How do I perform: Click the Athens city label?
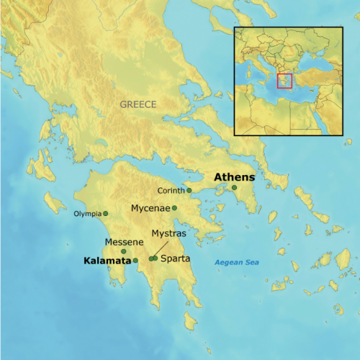coord(235,176)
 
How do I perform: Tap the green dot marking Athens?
coord(234,188)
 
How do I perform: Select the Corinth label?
coord(171,191)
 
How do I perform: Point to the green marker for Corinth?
coord(189,191)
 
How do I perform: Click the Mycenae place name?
coord(150,208)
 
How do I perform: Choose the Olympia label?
coord(88,214)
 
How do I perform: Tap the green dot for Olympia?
coord(105,214)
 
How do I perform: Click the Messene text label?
coord(124,242)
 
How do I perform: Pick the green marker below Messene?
coord(124,251)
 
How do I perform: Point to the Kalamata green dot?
coord(135,260)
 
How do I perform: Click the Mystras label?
coord(169,234)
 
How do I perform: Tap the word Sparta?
coord(176,258)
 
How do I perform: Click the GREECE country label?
coord(138,104)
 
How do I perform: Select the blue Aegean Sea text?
coord(237,262)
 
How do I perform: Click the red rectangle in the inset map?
coord(284,81)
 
